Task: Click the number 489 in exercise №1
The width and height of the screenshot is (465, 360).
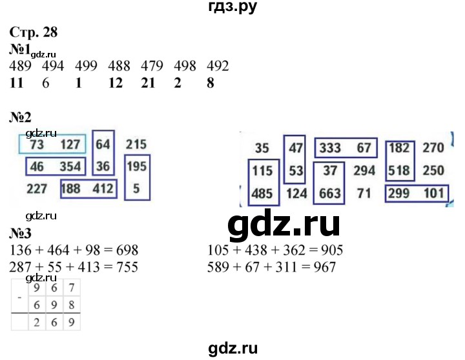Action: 23,66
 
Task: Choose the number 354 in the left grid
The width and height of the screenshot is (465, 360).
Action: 70,167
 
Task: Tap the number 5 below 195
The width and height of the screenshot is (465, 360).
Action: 136,189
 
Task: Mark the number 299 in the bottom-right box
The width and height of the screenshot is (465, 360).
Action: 399,192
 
